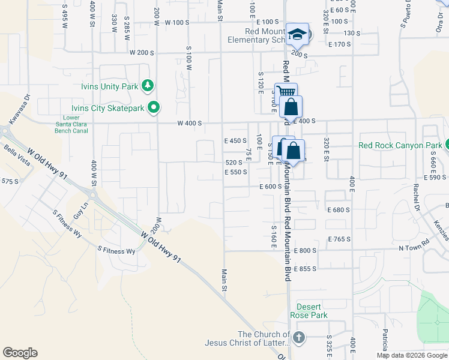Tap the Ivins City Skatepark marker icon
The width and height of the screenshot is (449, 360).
click(154, 108)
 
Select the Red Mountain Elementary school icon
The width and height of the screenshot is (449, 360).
click(297, 34)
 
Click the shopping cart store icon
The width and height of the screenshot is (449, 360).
click(286, 93)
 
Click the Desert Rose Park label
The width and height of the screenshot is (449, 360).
click(309, 310)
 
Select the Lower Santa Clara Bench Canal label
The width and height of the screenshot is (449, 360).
click(79, 124)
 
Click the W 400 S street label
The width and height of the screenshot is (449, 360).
click(189, 123)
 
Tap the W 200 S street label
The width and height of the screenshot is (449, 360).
click(142, 52)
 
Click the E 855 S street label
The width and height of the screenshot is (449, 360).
click(305, 269)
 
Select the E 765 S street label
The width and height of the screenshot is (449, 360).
click(339, 239)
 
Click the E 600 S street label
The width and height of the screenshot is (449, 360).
click(271, 187)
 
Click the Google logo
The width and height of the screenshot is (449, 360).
click(20, 353)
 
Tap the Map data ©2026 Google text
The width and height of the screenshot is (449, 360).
click(412, 355)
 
